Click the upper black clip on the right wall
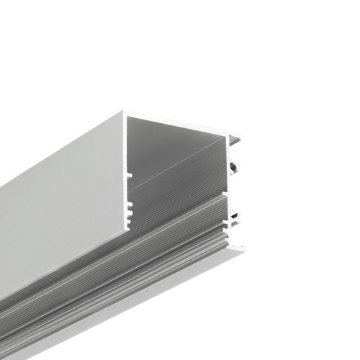[233, 169]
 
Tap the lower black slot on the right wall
[235, 214]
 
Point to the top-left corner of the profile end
[125, 112]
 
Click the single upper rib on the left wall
[129, 174]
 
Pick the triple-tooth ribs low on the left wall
[130, 210]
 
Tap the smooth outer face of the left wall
[58, 209]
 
